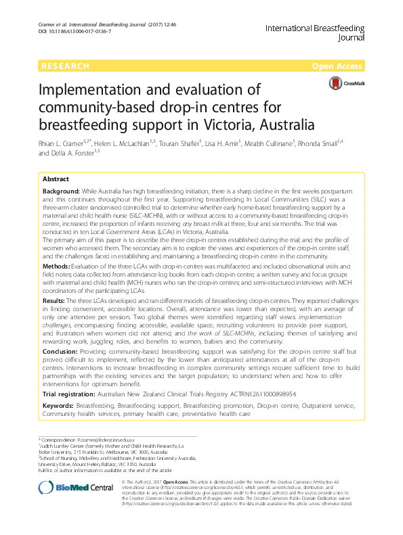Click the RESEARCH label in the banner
click(65, 66)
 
